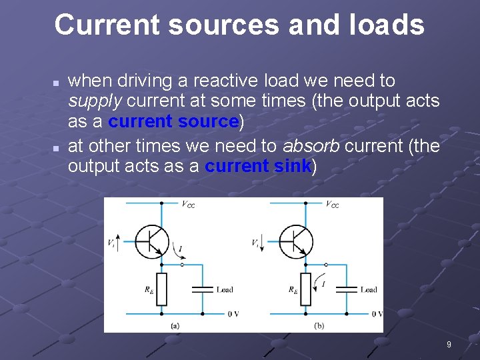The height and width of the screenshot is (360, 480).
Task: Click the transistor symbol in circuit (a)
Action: click(x=151, y=241)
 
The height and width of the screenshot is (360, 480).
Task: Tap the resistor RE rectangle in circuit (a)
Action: click(x=161, y=289)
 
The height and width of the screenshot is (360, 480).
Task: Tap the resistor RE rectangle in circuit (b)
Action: click(x=305, y=289)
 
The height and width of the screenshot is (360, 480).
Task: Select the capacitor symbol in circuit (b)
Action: click(x=345, y=289)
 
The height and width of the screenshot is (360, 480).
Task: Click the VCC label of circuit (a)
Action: click(x=188, y=204)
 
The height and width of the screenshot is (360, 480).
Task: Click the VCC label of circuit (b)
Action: click(x=332, y=204)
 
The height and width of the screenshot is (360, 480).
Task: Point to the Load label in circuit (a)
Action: click(x=225, y=290)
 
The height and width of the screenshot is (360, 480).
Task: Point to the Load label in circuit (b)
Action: click(x=369, y=290)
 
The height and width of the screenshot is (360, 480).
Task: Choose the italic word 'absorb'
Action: click(x=311, y=145)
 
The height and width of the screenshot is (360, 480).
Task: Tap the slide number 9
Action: click(x=449, y=345)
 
